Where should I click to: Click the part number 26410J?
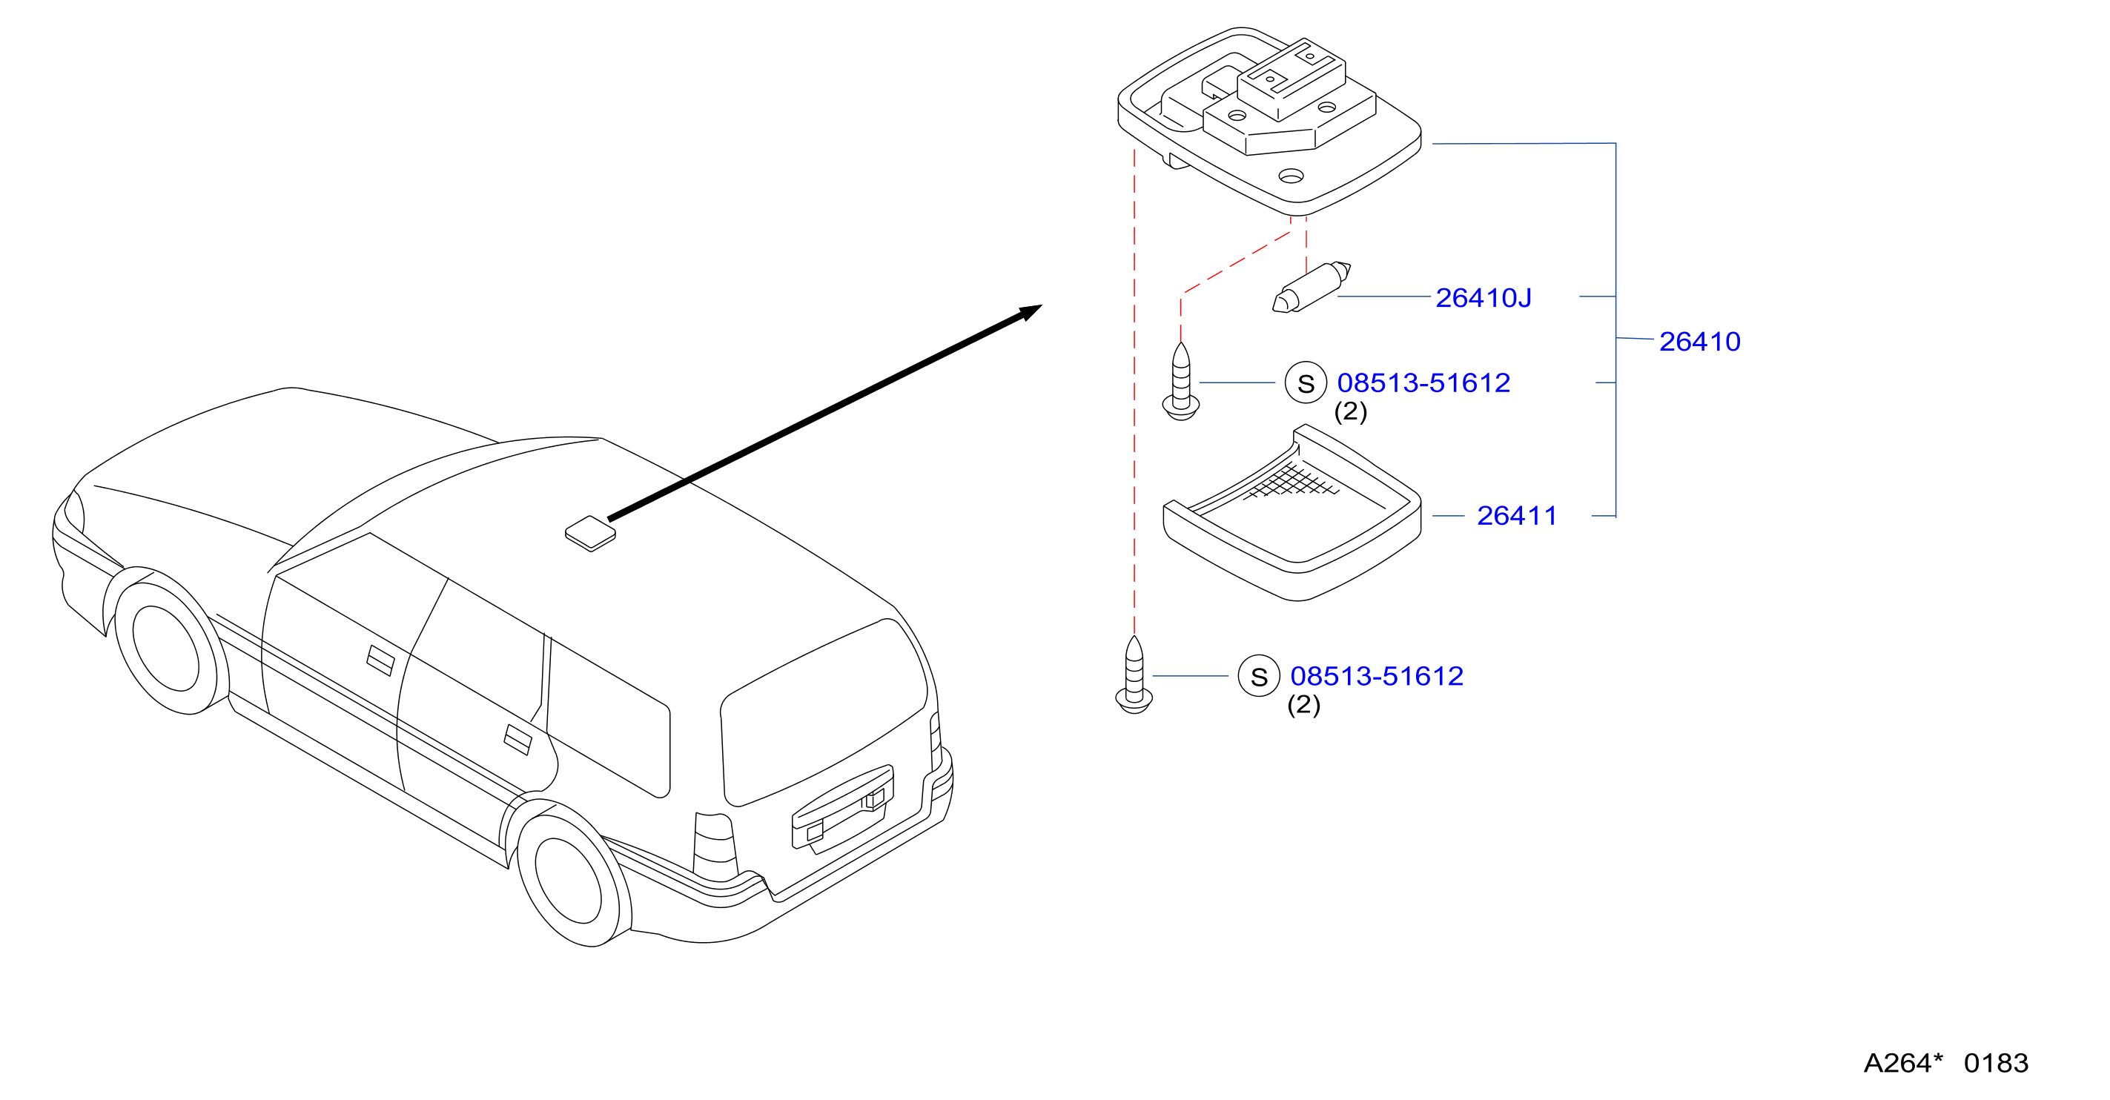1483,297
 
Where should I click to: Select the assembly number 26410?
1699,341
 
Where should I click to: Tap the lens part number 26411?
1516,515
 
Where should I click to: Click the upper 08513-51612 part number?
1423,382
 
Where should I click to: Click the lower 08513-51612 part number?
1377,676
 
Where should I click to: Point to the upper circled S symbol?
1306,382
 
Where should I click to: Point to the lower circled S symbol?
1259,676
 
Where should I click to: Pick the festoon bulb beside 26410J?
1312,287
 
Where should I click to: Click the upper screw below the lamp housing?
1181,382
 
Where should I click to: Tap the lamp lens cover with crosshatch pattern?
1292,514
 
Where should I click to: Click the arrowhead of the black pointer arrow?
1031,312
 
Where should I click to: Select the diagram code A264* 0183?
1946,1063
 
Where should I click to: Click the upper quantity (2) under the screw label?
1351,411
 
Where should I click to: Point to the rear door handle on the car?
517,740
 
